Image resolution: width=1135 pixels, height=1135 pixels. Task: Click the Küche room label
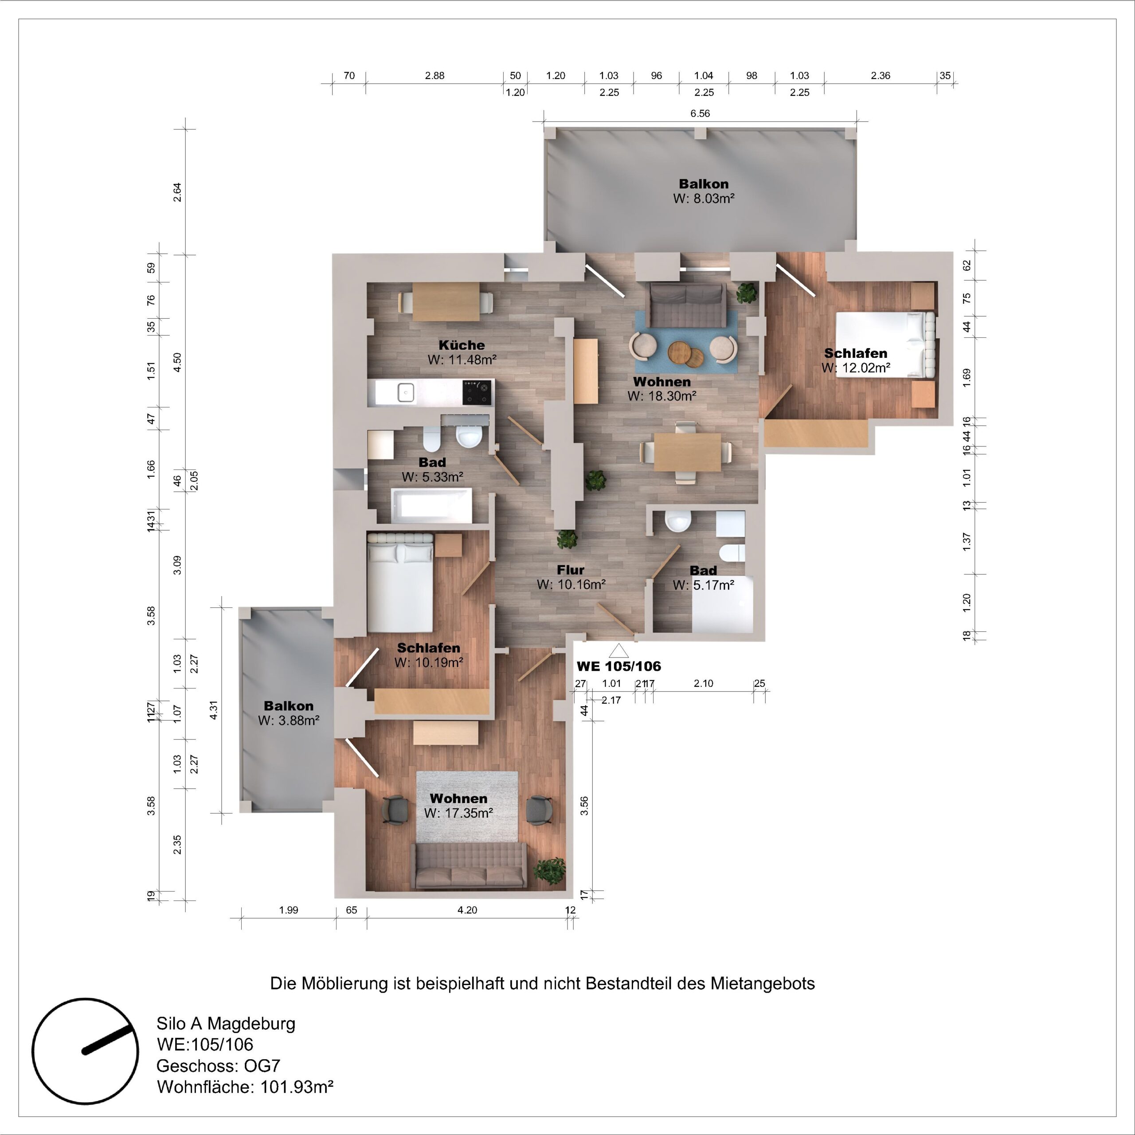(462, 345)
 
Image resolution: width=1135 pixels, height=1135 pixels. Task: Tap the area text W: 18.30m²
(661, 396)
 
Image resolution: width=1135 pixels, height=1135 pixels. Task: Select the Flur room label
(571, 570)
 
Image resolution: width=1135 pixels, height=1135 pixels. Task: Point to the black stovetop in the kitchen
(477, 392)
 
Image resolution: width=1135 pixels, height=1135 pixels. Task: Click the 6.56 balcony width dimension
(700, 113)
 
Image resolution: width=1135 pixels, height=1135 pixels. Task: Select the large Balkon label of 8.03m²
(703, 184)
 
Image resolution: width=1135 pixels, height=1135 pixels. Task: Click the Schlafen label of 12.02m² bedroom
(855, 353)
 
